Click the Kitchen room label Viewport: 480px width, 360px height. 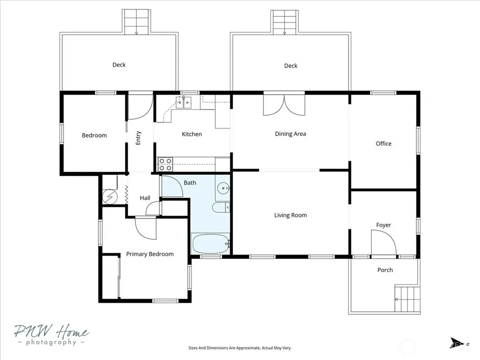[192, 134]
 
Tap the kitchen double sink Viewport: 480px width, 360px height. [183, 103]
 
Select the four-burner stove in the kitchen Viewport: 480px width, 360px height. [165, 165]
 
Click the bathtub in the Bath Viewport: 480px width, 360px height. [210, 244]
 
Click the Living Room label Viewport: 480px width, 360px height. [290, 215]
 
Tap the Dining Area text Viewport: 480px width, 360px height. [290, 134]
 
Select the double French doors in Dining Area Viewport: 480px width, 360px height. [284, 105]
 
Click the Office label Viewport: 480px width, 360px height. [383, 143]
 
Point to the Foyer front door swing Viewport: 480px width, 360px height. [383, 242]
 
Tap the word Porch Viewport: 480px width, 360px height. [385, 270]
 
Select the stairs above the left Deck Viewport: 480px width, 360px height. [136, 22]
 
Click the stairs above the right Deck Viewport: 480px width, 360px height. [285, 22]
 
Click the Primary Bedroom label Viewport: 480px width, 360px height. [150, 254]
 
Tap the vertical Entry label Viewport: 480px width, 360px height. [138, 138]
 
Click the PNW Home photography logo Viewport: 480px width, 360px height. [52, 335]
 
